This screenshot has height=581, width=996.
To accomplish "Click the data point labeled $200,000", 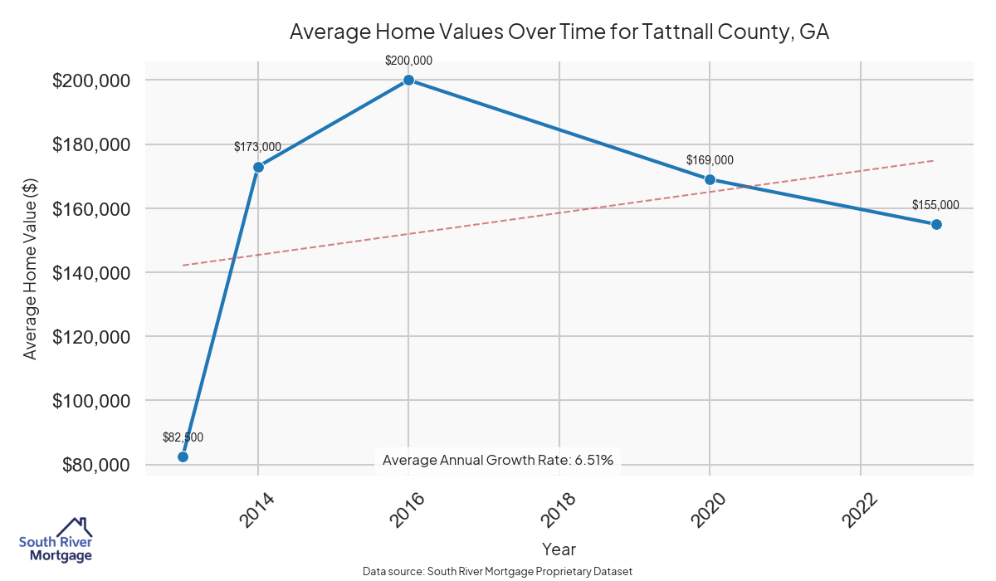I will [408, 80].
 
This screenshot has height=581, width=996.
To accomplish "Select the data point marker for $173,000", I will [258, 167].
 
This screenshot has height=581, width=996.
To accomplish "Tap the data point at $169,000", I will [710, 179].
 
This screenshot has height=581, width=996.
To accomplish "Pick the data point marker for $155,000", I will [936, 224].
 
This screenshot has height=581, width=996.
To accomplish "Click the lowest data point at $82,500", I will [183, 456].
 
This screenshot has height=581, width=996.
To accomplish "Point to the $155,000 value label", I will [935, 205].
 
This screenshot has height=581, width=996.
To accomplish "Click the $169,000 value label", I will [710, 160].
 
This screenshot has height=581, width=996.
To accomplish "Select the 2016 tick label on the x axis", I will [408, 508].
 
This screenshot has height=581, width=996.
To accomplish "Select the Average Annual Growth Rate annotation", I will [498, 460].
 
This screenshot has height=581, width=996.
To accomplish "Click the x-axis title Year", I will [559, 549].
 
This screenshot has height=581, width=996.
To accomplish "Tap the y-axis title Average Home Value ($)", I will [30, 272].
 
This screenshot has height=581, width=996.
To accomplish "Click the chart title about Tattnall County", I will [559, 32].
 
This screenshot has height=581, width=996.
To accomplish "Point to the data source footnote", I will [498, 572].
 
